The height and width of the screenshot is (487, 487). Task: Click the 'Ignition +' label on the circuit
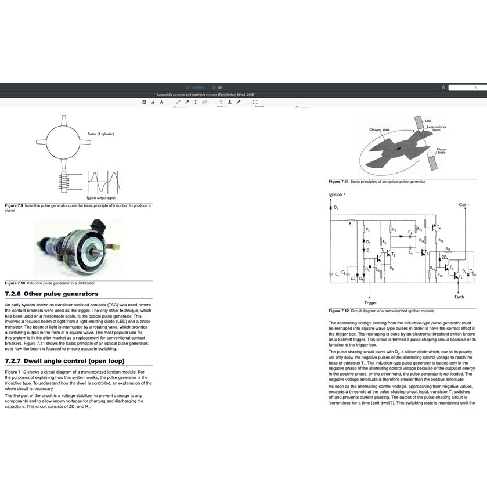(337, 194)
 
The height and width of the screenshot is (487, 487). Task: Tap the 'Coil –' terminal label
(464, 204)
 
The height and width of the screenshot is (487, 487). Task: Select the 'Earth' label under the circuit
(459, 297)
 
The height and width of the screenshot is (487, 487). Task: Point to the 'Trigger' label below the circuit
(370, 303)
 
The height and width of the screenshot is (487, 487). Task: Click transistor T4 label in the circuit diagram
(438, 228)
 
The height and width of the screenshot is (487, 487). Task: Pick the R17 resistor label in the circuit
(441, 240)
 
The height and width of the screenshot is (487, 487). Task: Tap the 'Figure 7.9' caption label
(14, 205)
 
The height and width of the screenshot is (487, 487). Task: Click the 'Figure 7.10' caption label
(15, 283)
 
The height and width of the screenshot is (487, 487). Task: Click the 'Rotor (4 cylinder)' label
(101, 134)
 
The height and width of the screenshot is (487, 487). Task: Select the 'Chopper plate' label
(379, 129)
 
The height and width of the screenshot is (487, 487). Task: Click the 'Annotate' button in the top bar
(195, 87)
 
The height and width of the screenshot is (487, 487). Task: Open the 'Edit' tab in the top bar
(217, 87)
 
